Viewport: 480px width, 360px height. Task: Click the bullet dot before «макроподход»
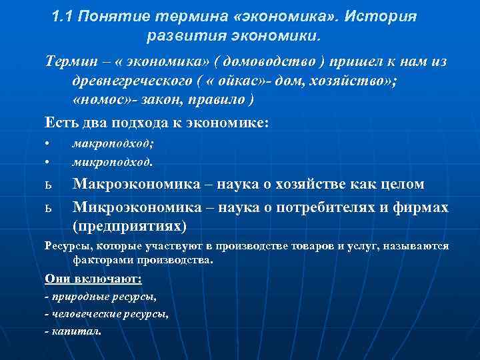coord(47,144)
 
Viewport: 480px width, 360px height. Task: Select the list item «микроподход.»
coord(113,161)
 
